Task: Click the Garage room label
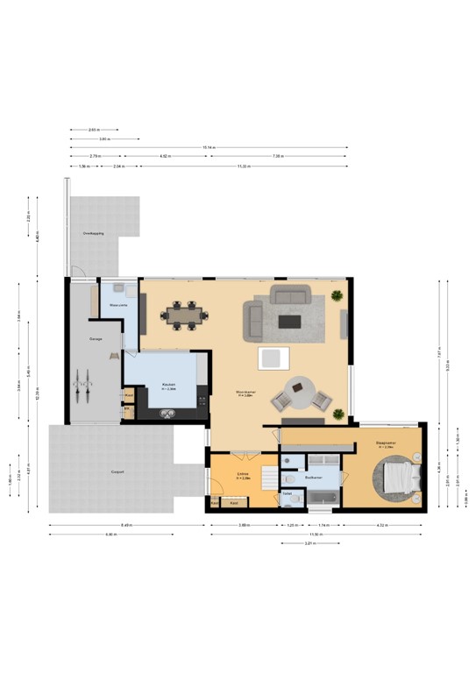[x=96, y=337]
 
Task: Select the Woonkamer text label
[x=245, y=392]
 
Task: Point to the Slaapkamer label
[x=386, y=444]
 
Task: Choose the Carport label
[x=117, y=471]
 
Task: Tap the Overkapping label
[x=94, y=234]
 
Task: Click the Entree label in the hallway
[x=244, y=476]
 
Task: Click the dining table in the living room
[x=185, y=314]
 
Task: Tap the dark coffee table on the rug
[x=290, y=321]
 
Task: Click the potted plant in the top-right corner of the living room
[x=338, y=298]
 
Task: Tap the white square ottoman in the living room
[x=273, y=358]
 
